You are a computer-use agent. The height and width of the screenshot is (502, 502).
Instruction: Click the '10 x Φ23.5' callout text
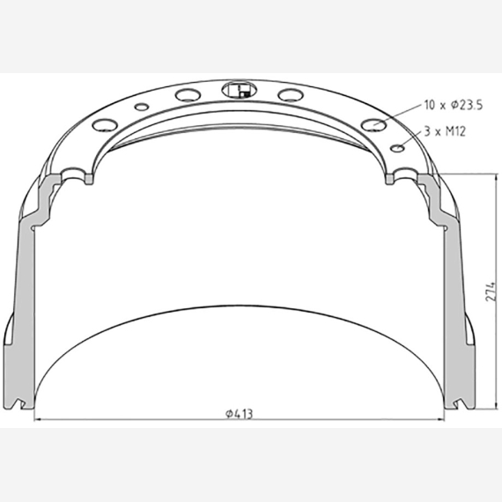click(453, 105)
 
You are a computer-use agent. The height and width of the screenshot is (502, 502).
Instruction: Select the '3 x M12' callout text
click(445, 131)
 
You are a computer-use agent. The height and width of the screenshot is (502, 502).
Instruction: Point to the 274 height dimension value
click(491, 292)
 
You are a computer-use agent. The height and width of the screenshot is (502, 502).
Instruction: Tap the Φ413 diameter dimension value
click(240, 414)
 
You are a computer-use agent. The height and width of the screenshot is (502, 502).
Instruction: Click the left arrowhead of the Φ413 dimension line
click(38, 418)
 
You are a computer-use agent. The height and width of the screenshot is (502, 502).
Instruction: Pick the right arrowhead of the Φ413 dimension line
click(440, 418)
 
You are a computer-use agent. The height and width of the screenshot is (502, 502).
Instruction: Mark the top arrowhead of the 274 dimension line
click(497, 178)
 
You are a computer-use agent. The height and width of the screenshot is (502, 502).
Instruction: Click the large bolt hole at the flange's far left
click(105, 124)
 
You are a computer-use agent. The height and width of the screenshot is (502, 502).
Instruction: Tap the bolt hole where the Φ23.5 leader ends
click(373, 124)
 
